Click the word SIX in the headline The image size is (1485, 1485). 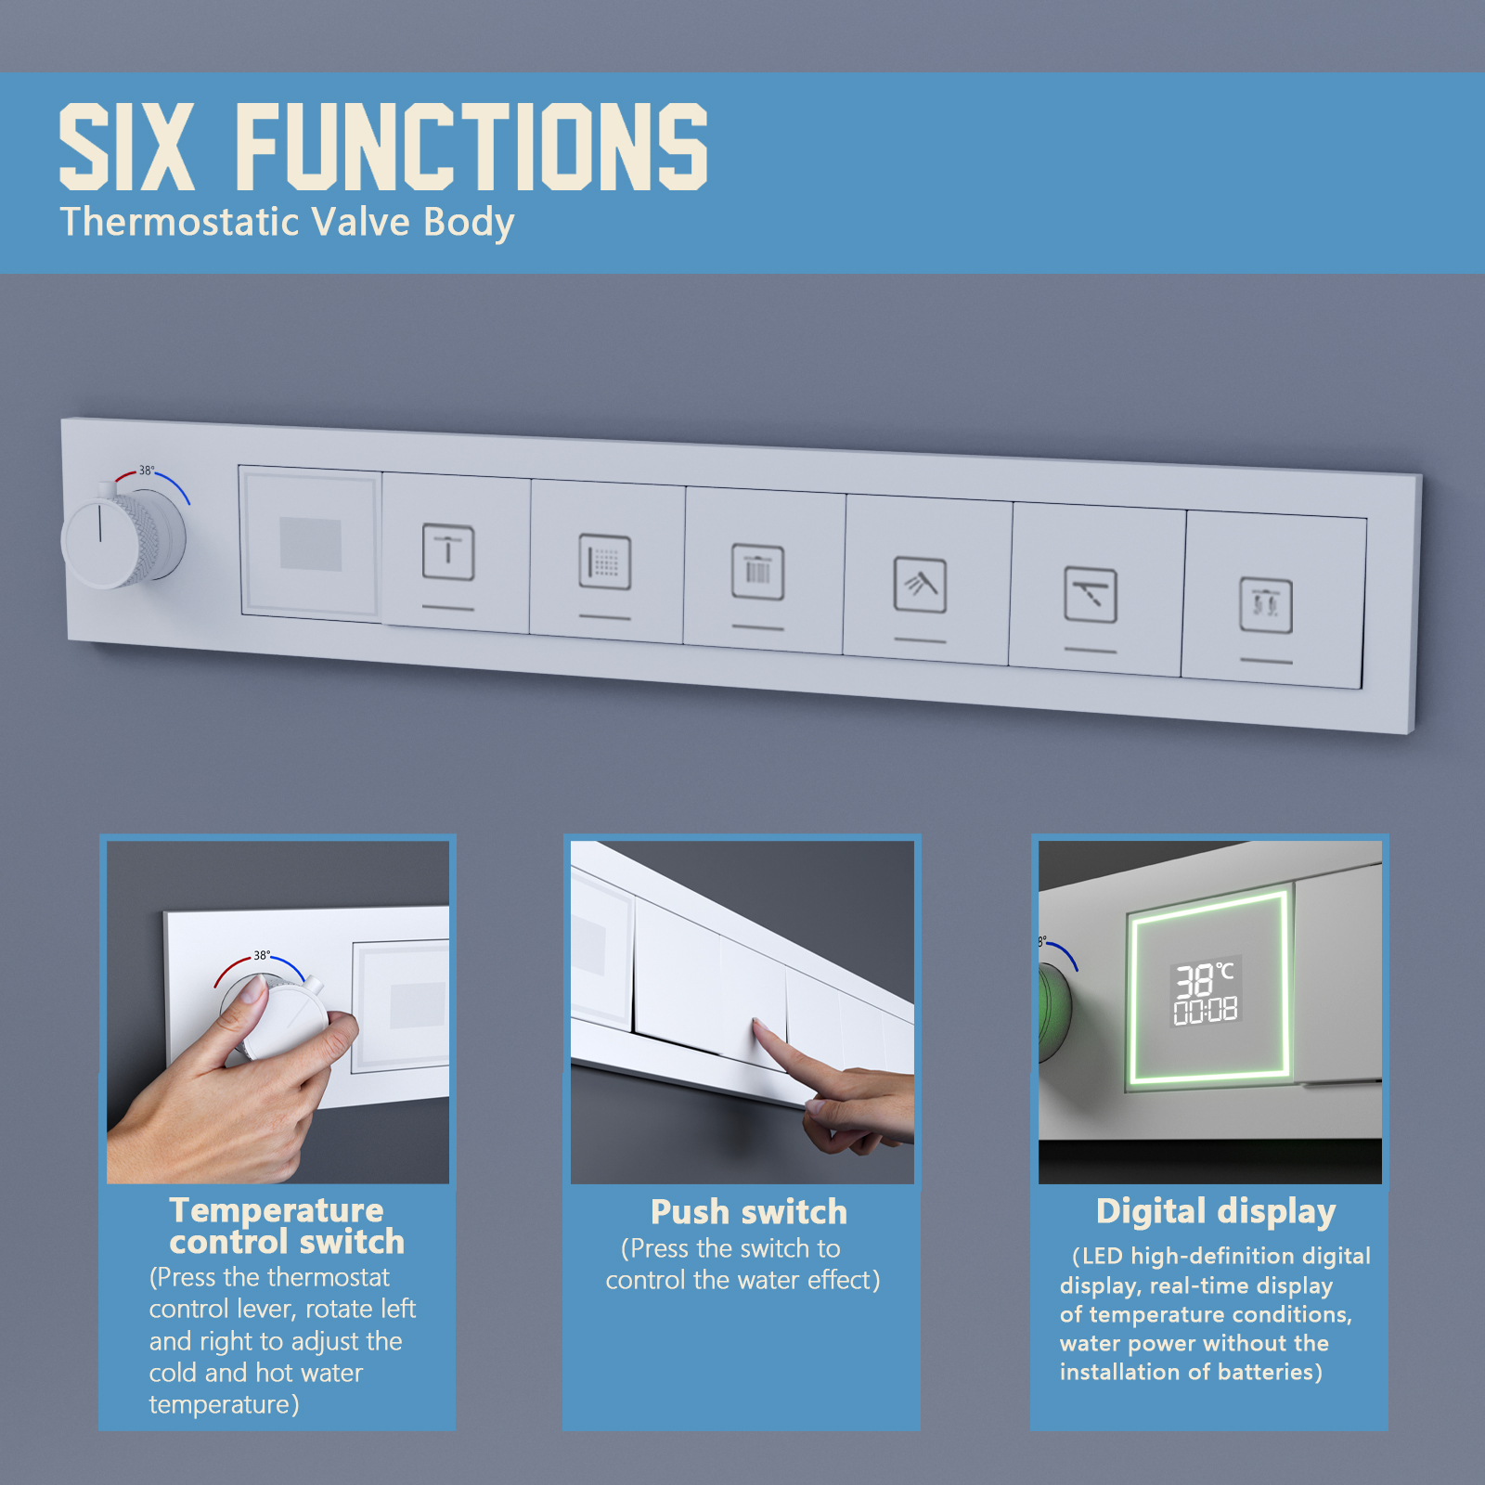click(127, 147)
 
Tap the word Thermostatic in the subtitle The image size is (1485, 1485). click(180, 222)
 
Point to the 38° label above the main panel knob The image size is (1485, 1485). click(147, 471)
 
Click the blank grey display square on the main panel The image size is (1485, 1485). click(311, 544)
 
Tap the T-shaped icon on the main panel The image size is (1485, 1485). click(448, 552)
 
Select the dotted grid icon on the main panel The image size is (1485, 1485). click(605, 562)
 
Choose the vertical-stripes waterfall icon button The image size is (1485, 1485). click(757, 572)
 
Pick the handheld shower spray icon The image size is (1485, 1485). click(920, 585)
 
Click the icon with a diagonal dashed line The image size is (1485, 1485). click(1091, 595)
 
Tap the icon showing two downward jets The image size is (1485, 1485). click(1266, 605)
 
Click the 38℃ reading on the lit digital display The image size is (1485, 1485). click(1205, 979)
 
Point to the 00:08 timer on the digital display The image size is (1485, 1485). click(1206, 1011)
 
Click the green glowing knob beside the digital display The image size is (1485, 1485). click(1055, 1013)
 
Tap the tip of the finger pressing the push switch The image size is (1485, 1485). click(757, 1023)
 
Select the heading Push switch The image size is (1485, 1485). click(749, 1212)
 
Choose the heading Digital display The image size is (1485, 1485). click(1216, 1212)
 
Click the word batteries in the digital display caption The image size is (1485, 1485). click(1271, 1372)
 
